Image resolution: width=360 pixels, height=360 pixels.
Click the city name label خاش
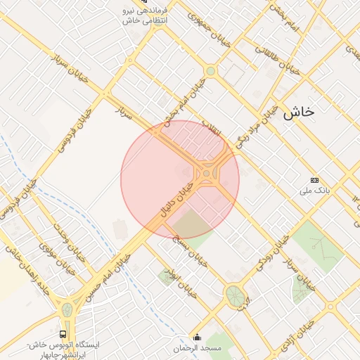tap(298, 112)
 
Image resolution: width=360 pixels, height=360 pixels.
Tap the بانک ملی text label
tap(314, 191)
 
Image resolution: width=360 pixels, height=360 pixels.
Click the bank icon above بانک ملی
tap(314, 180)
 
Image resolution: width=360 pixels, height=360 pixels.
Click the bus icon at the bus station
tap(64, 334)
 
